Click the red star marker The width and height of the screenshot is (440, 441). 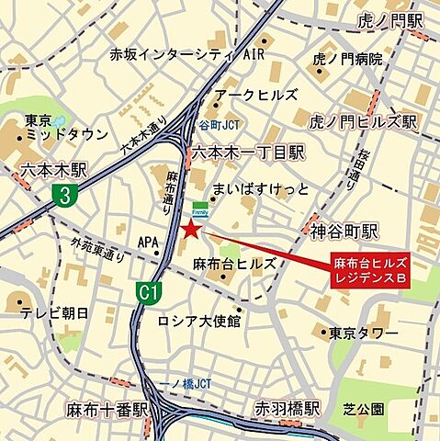click(x=189, y=229)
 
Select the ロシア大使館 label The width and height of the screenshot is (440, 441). click(x=198, y=321)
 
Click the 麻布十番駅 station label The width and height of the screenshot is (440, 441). click(x=107, y=408)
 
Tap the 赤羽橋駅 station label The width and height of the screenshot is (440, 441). click(x=288, y=408)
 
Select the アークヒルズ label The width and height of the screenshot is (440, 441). click(x=255, y=95)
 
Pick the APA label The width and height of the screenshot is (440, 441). click(x=148, y=243)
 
